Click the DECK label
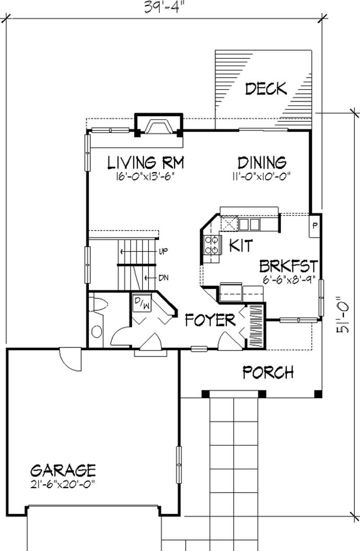tap(265, 89)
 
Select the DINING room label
tap(261, 162)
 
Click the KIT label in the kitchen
tap(241, 246)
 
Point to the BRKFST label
tap(289, 265)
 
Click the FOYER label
tap(210, 321)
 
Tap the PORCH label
tap(268, 372)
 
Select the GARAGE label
tap(63, 470)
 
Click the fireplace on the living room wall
tap(159, 125)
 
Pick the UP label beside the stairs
tap(163, 251)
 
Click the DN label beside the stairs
tap(163, 278)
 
